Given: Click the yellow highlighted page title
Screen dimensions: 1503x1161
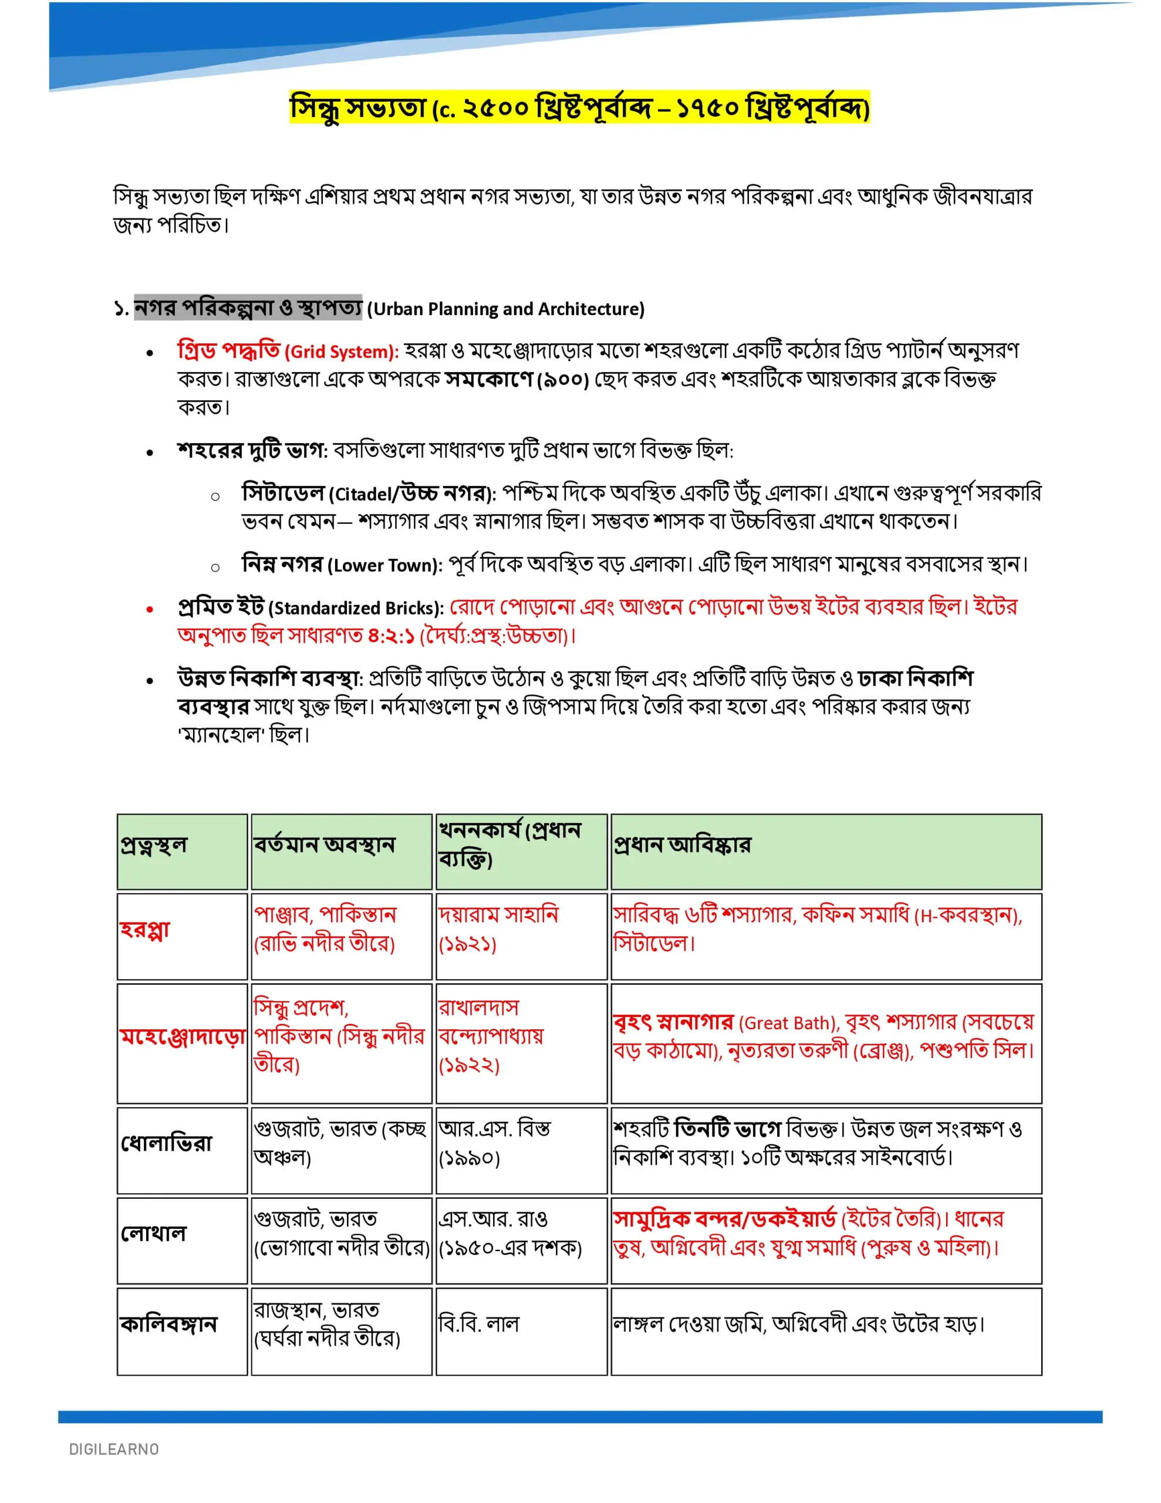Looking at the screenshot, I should (x=579, y=107).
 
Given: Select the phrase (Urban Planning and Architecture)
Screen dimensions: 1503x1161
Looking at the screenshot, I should (x=506, y=309).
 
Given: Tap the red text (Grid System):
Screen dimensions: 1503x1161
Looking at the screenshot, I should (x=342, y=352).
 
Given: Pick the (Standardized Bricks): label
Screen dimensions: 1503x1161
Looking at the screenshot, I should (x=356, y=608).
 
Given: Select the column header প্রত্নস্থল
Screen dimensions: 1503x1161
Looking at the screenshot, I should (x=153, y=844).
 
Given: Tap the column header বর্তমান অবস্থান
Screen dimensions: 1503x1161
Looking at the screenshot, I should (x=324, y=844).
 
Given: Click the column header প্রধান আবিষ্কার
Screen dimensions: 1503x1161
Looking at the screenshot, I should (x=682, y=844).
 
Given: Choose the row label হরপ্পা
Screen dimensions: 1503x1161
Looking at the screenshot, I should (x=144, y=929).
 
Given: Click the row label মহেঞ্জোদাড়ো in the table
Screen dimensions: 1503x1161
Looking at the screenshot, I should (x=183, y=1036).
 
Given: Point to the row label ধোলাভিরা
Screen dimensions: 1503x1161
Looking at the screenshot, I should (x=167, y=1143).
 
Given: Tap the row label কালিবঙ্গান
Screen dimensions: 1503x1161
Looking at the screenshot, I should (x=168, y=1323).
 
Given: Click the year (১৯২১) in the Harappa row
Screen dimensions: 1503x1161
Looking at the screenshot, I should (x=467, y=943).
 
